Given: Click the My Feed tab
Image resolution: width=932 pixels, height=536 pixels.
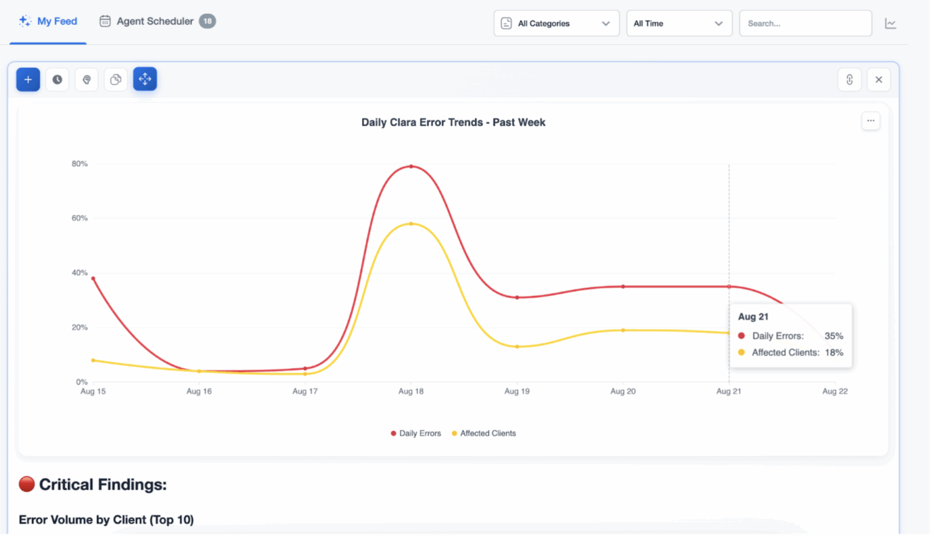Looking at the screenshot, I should coord(49,21).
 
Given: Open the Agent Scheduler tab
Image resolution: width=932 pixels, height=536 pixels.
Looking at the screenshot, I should coord(155,21).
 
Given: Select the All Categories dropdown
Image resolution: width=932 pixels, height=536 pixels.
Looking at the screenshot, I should coord(556,24).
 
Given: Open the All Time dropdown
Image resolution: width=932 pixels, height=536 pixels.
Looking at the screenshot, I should coord(678,24).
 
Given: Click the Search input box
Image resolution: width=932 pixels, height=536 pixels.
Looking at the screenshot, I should coord(805,24).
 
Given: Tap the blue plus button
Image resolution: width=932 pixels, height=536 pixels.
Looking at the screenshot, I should coord(28,79).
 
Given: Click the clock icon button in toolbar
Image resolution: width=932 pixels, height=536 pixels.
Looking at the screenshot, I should coord(57,79).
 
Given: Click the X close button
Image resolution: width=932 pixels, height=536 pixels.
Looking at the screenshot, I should coord(878,79).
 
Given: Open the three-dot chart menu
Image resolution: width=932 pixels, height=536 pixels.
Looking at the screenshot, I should coord(870,121).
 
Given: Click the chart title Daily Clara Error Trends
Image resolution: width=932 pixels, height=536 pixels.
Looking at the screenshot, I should coord(453,122).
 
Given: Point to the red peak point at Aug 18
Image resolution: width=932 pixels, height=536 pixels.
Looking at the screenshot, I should coord(411,166).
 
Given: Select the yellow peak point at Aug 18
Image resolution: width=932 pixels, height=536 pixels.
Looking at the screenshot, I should coord(411,224).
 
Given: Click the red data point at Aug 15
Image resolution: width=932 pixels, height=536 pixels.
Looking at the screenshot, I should coord(93,278).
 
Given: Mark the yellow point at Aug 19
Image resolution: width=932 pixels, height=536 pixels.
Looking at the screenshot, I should coord(517,347).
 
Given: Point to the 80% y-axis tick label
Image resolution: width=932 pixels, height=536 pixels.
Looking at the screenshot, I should coord(79,164).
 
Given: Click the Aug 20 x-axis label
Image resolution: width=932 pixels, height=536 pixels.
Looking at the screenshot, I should coord(623,391).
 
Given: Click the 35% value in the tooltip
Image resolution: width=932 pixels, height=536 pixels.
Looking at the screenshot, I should coord(833,336).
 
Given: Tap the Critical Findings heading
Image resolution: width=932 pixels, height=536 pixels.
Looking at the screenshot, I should coord(102,484).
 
